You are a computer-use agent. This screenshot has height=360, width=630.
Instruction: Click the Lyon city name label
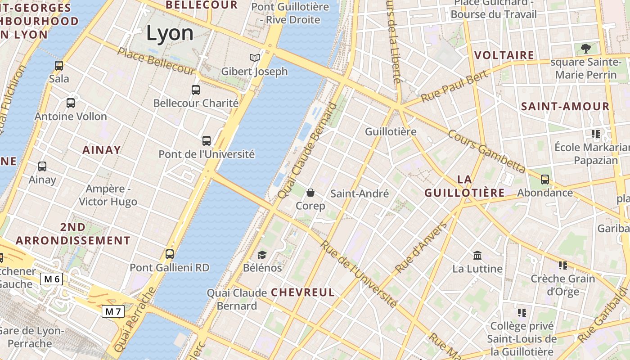click(x=170, y=33)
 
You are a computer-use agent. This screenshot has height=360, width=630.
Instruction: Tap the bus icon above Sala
click(x=59, y=66)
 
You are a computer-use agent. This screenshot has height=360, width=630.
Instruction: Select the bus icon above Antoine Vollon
click(x=71, y=103)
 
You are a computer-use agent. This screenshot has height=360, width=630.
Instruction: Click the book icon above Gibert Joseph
click(x=255, y=58)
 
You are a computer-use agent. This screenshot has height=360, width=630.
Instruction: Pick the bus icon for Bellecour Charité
click(x=196, y=90)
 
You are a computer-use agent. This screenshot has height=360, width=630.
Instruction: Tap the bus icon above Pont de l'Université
click(x=207, y=141)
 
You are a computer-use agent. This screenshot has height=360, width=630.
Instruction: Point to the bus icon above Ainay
click(x=42, y=166)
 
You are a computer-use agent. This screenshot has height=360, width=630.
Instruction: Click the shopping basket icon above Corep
click(x=310, y=193)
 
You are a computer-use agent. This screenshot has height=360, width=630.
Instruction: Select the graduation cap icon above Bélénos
click(x=262, y=255)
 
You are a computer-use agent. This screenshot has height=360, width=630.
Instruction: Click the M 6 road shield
click(x=52, y=279)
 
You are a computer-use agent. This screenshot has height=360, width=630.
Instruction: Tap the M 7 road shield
click(x=113, y=311)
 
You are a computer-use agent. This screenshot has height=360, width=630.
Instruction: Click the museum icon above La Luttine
click(x=477, y=256)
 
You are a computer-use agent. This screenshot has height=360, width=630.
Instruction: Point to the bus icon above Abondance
click(x=545, y=180)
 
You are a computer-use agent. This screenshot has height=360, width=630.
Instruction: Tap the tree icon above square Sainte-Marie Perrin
click(x=586, y=48)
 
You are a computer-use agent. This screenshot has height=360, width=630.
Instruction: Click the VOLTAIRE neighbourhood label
click(x=504, y=55)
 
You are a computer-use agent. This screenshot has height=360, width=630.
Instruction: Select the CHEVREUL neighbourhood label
click(x=303, y=292)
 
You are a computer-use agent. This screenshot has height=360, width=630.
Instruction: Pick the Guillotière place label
click(x=391, y=132)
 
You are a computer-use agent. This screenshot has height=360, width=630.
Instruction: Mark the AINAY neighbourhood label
click(x=102, y=150)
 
